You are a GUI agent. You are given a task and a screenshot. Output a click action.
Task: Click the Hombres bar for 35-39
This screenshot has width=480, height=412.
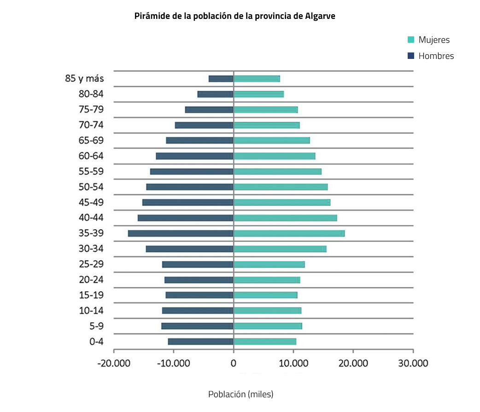tap(181, 233)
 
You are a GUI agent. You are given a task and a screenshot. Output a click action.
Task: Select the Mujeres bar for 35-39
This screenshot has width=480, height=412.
tap(289, 233)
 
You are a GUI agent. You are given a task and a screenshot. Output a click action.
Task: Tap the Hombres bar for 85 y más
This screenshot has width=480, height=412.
tap(221, 79)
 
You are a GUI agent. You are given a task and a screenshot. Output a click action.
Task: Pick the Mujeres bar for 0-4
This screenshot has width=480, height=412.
tap(265, 342)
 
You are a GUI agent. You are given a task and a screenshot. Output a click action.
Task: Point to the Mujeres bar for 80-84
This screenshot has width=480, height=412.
tap(258, 94)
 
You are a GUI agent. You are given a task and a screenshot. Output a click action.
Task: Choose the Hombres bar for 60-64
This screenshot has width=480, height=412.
tap(195, 156)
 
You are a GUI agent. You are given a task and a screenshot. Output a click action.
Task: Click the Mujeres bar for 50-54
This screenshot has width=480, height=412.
tap(281, 187)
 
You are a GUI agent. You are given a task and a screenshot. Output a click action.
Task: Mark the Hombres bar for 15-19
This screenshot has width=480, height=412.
tap(199, 295)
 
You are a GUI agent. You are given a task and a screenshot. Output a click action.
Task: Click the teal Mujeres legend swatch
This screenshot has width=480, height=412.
tap(411, 40)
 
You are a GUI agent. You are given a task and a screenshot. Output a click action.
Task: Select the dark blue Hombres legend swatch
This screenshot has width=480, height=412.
tap(411, 56)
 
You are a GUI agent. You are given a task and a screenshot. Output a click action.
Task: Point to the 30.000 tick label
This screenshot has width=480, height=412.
tap(413, 363)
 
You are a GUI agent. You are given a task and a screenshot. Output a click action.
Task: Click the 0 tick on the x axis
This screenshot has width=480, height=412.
tap(234, 363)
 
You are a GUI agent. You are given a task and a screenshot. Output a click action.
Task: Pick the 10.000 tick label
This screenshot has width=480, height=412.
tap(293, 363)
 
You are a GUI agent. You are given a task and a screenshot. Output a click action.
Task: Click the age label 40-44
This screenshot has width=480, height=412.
tap(91, 218)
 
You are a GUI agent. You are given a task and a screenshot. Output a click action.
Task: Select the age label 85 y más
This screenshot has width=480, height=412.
tap(84, 79)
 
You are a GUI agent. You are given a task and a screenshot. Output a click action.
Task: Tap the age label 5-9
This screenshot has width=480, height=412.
tap(96, 326)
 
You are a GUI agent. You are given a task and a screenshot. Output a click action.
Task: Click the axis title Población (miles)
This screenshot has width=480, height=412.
tap(240, 395)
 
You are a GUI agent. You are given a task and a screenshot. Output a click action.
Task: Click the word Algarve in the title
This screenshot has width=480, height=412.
tap(320, 16)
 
